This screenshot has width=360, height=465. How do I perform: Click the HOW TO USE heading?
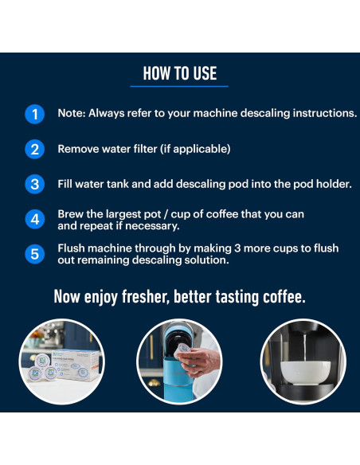click(x=180, y=73)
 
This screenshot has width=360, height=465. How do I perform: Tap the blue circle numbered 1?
click(x=34, y=114)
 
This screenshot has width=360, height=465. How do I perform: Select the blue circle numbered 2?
click(x=34, y=149)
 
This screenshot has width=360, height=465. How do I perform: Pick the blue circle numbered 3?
click(x=34, y=184)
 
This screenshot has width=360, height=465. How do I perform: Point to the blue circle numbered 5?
click(x=34, y=254)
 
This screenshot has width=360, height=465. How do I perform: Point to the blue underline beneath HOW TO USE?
click(x=180, y=86)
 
